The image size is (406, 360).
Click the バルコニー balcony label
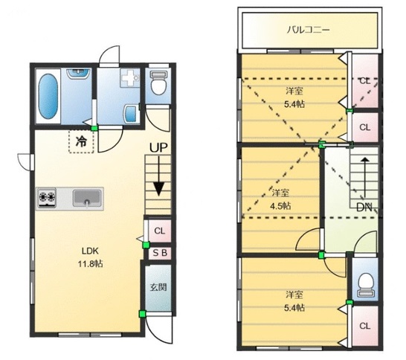[x=309, y=30]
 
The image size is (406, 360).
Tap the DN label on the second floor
[x=364, y=207]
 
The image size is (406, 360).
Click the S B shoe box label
[x=158, y=253]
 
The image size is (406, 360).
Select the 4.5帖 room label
[x=280, y=199]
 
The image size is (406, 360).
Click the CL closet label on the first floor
[x=158, y=231]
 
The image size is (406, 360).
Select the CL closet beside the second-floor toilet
[x=364, y=326]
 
